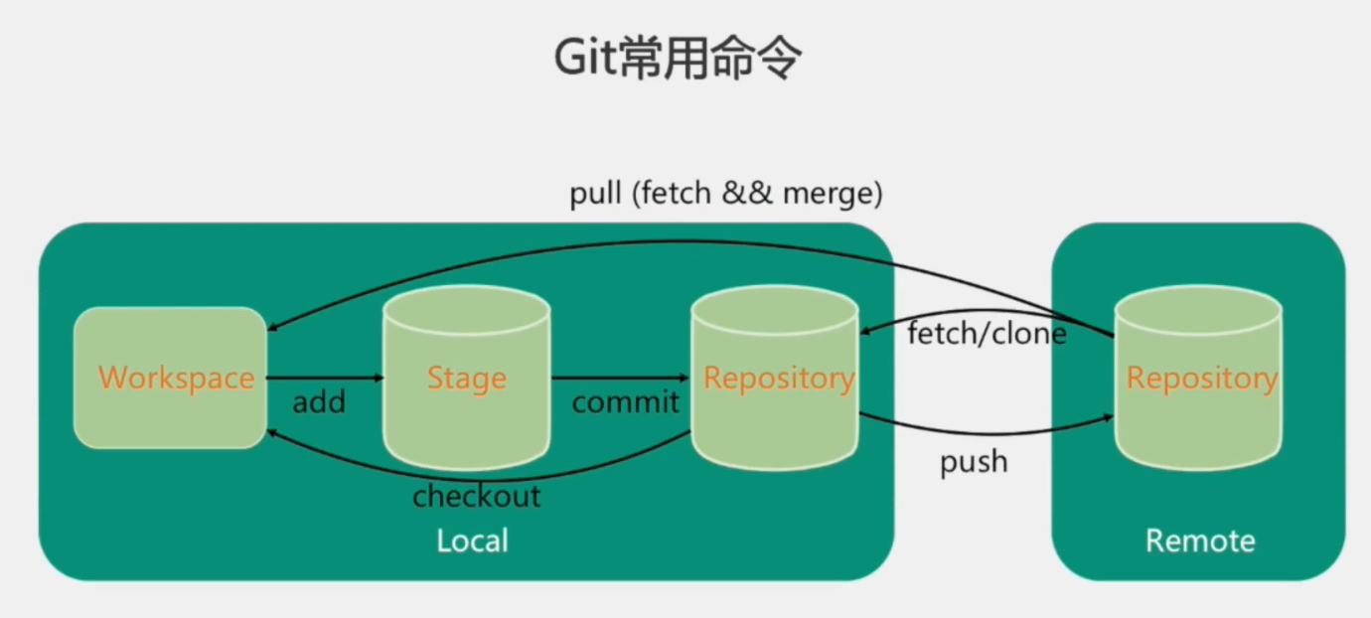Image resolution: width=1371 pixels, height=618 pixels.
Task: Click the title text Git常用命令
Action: pyautogui.click(x=677, y=61)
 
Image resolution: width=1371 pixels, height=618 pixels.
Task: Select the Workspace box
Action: pyautogui.click(x=170, y=378)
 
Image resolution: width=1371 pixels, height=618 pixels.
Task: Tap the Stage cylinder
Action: pyautogui.click(x=466, y=378)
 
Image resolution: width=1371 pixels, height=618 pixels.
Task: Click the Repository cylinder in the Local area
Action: pyautogui.click(x=776, y=378)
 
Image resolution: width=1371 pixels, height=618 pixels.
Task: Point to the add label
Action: pyautogui.click(x=319, y=402)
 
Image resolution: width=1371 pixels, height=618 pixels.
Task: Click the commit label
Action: pyautogui.click(x=625, y=402)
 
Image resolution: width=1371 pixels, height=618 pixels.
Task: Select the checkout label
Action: pyautogui.click(x=477, y=496)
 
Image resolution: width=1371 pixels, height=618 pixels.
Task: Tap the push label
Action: pyautogui.click(x=974, y=462)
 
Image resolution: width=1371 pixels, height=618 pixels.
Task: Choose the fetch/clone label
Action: pyautogui.click(x=987, y=334)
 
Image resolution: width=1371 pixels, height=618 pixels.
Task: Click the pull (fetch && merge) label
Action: pyautogui.click(x=726, y=194)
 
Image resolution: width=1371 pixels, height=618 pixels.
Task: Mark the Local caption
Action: pyautogui.click(x=472, y=541)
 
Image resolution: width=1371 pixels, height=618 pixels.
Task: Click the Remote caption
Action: pyautogui.click(x=1199, y=541)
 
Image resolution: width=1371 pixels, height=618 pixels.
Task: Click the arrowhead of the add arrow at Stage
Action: pyautogui.click(x=379, y=378)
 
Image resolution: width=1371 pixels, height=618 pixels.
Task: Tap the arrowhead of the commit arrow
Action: pyautogui.click(x=685, y=378)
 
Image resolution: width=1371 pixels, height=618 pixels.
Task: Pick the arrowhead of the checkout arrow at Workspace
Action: pyautogui.click(x=270, y=433)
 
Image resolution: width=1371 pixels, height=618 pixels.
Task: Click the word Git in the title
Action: pyautogui.click(x=585, y=61)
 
